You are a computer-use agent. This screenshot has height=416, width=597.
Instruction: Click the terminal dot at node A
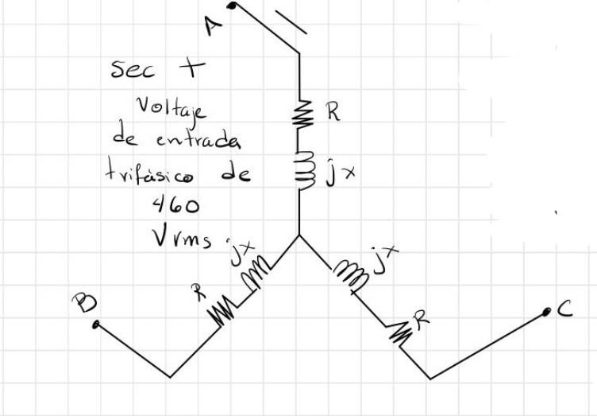click(232, 6)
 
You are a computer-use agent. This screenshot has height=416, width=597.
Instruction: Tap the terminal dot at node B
click(96, 325)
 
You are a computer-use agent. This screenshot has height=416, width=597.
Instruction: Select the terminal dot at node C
click(547, 313)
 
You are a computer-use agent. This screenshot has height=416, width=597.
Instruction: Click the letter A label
click(210, 25)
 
